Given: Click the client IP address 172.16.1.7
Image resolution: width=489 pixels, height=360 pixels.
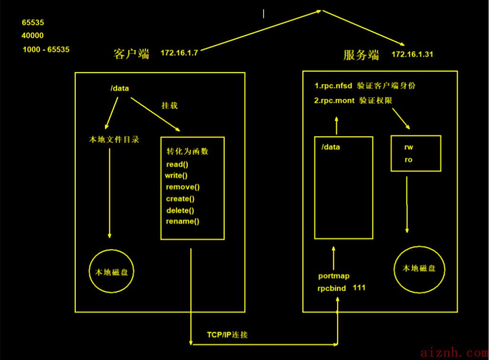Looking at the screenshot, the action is (x=180, y=53).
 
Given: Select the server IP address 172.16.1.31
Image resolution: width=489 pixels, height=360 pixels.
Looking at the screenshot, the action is (x=412, y=54).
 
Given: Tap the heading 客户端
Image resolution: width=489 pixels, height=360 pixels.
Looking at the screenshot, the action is (x=131, y=54).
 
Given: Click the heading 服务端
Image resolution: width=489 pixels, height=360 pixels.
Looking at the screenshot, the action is (x=361, y=55).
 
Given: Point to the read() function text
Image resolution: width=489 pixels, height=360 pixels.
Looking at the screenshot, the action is (x=177, y=164).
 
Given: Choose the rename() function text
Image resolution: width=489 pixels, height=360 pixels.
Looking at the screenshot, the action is (x=182, y=221).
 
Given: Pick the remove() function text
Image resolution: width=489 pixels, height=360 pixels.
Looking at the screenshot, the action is (x=183, y=187).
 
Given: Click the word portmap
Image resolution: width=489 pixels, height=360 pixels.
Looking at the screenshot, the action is (x=334, y=276).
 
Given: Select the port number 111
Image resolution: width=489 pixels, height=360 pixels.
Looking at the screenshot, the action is (x=359, y=288).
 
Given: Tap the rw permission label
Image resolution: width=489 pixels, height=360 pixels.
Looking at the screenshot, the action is (x=409, y=147).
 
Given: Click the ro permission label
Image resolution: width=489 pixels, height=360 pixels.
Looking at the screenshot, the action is (x=409, y=160).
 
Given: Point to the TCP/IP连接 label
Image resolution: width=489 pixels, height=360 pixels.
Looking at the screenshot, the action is (x=227, y=335).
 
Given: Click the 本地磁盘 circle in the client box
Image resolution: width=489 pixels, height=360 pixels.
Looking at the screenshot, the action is (x=90, y=271).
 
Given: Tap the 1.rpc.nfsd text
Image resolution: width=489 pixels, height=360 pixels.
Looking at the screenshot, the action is (x=333, y=86).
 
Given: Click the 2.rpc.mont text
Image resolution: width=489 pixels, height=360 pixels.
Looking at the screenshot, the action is (x=334, y=100).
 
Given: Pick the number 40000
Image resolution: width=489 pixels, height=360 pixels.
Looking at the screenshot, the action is (x=32, y=35).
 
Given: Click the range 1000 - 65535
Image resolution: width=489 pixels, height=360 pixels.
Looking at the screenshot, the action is (x=46, y=50).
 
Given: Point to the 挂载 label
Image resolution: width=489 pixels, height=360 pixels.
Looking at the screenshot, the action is (x=170, y=106).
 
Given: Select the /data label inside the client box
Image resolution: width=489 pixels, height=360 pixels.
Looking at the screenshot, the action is (x=120, y=88).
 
